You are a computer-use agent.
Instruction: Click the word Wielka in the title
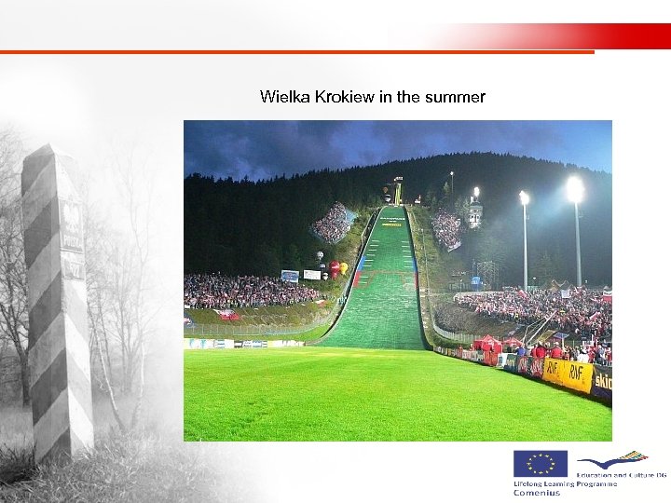[x=280, y=97]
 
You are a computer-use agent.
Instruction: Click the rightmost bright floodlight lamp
[x=574, y=189]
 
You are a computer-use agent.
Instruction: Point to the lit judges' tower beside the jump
[x=475, y=212]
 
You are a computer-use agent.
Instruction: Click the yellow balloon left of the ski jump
[x=343, y=268]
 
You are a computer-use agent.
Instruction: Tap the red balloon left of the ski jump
[x=334, y=268]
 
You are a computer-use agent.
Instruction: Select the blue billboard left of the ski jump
[x=290, y=276]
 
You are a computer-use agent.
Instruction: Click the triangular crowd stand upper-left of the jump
[x=332, y=224]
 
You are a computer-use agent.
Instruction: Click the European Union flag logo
[x=539, y=463]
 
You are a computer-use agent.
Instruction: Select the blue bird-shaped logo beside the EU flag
[x=611, y=460]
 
